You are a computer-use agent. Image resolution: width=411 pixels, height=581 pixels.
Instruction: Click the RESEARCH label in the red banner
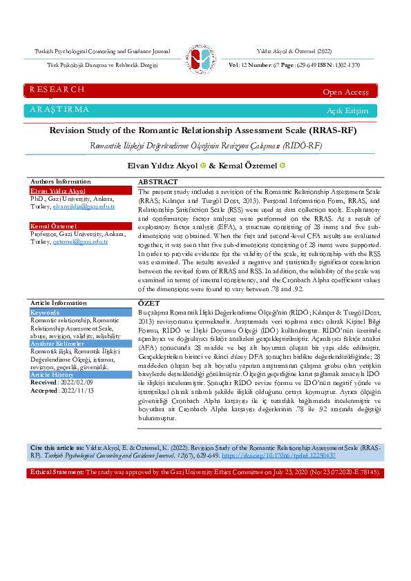coord(57,90)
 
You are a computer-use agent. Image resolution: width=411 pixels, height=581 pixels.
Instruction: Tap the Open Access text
coord(345,92)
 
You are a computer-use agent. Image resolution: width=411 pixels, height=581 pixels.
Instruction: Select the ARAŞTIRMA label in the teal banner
coord(59,110)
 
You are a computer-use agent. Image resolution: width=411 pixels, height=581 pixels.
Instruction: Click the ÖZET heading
coord(149,304)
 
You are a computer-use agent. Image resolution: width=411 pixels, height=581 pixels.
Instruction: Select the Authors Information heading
coord(60,181)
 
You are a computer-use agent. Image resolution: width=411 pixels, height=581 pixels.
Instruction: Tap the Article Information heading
coord(59,303)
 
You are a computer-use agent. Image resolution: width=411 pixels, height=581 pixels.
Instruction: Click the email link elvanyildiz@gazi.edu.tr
coord(93,206)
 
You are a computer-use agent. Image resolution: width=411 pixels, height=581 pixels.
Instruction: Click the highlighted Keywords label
coord(45,313)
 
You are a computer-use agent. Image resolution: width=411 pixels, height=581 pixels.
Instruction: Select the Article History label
coord(53,374)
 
